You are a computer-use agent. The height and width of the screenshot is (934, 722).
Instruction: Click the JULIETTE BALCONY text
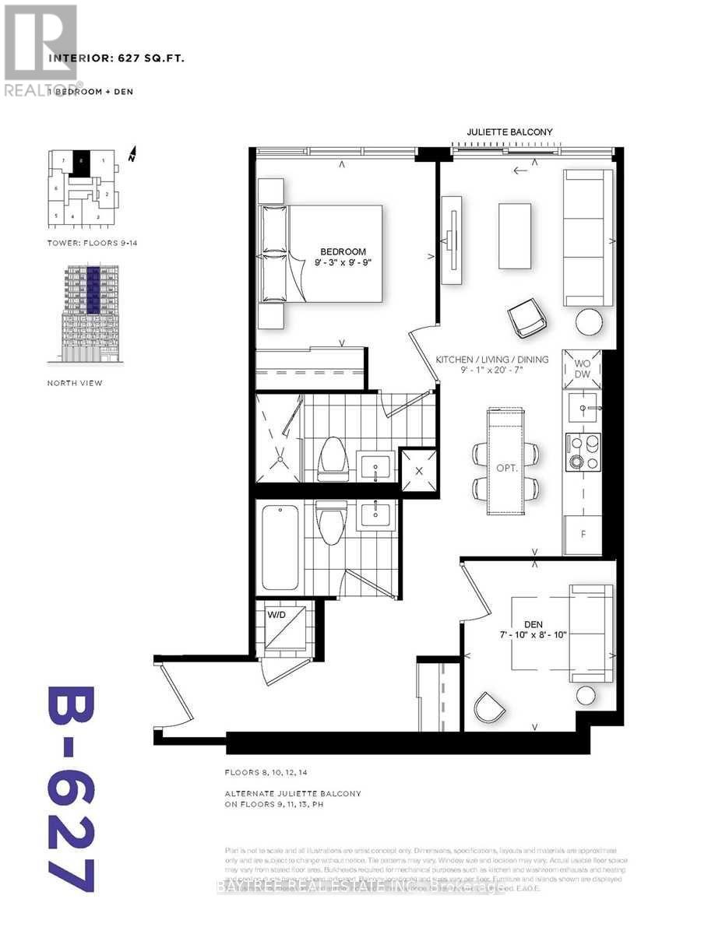pos(509,132)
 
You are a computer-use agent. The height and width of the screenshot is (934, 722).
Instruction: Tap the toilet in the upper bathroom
pos(332,457)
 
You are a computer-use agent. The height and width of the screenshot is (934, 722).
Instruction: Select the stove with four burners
pos(585,451)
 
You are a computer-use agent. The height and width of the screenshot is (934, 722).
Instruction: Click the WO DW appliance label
pos(583,369)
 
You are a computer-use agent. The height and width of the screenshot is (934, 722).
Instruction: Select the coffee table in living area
pos(514,236)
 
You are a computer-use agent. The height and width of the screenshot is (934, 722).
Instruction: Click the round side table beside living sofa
pos(590,320)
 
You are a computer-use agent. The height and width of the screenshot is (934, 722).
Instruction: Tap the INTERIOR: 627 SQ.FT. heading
pos(116,58)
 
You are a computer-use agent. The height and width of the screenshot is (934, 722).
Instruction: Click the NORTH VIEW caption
pos(75,383)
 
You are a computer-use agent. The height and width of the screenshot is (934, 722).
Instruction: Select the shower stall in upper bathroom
pos(277,437)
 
